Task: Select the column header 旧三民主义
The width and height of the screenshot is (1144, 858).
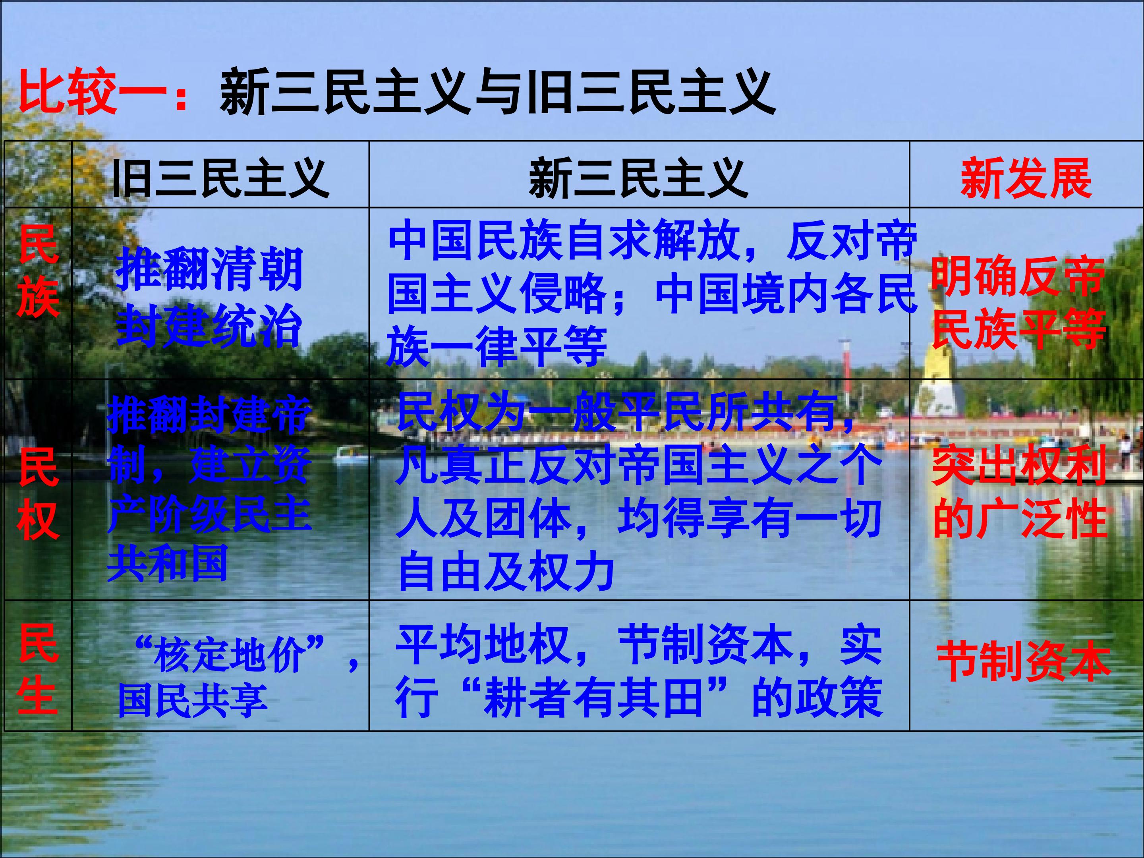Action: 221,178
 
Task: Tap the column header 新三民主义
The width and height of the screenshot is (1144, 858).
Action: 639,178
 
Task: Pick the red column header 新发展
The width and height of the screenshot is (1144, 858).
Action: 1026,178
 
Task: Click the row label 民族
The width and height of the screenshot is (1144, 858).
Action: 38,272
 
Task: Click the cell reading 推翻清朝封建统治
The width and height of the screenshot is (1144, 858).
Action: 209,298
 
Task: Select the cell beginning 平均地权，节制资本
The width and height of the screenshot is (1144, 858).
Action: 639,672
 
